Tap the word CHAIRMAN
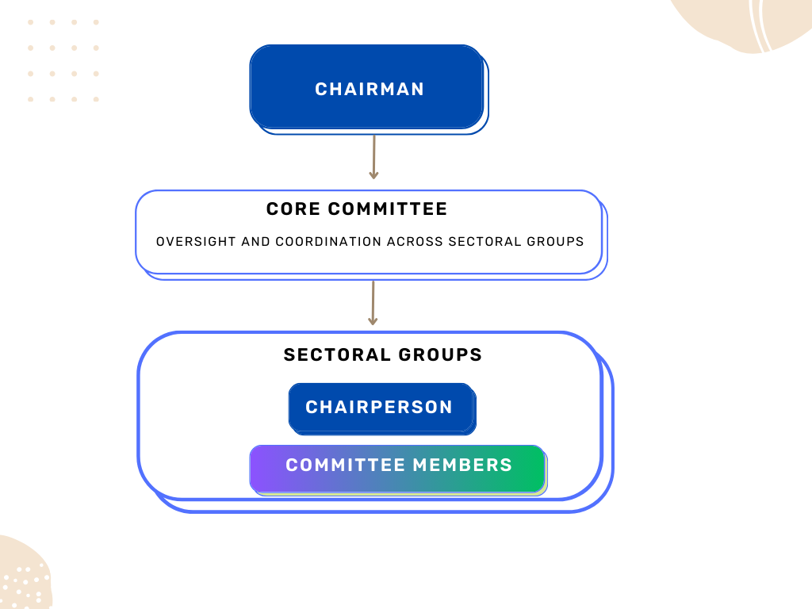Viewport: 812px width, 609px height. (x=370, y=90)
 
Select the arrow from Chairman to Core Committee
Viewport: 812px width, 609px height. (x=373, y=156)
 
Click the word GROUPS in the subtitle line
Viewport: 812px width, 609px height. (x=555, y=242)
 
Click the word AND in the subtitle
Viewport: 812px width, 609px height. (x=255, y=242)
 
